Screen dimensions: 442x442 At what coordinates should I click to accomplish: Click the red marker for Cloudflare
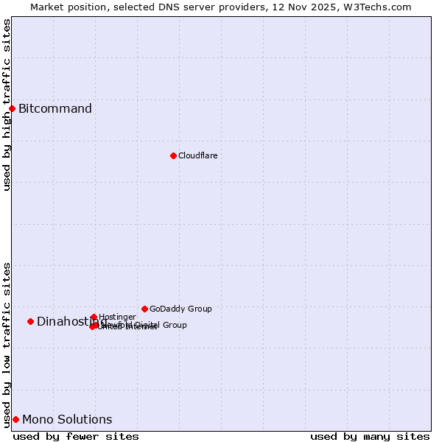173,155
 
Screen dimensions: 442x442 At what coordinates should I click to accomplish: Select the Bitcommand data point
12,109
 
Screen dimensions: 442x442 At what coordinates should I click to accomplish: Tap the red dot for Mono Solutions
15,419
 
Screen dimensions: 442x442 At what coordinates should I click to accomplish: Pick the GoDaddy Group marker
144,309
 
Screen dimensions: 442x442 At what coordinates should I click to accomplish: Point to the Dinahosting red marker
30,321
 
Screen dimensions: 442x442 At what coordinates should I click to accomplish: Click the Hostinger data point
94,317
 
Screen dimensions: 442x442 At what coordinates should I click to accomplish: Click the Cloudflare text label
197,155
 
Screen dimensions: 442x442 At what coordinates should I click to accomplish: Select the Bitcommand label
55,109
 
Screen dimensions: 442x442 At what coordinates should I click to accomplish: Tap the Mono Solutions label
67,420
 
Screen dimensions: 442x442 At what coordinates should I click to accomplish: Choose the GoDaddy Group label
180,309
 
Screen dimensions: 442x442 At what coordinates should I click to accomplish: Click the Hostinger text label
117,317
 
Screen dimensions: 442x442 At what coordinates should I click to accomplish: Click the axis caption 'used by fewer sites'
76,436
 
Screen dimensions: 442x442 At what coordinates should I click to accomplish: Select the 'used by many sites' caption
370,436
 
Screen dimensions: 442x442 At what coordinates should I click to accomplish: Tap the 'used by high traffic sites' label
7,105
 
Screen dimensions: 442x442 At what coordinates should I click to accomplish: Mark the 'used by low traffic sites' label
7,345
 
